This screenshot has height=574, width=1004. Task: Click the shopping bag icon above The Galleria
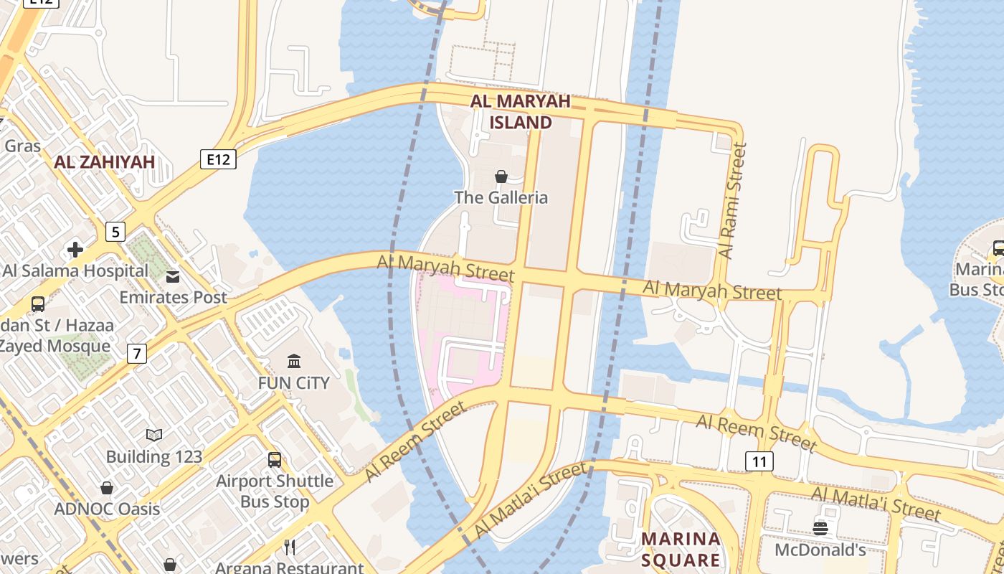501,177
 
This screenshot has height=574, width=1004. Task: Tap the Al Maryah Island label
521,112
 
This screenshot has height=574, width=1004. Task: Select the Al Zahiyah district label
105,161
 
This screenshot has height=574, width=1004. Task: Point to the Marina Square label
681,550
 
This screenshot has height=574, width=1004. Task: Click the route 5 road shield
115,232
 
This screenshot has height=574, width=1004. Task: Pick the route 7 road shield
137,353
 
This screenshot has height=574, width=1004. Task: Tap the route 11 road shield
759,461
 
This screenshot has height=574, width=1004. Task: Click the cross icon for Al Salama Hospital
75,250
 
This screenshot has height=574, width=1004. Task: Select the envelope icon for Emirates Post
173,277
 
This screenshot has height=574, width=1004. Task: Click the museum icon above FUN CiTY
294,360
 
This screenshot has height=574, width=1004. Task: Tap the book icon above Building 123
154,435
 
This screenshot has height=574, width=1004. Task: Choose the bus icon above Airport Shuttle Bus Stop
275,460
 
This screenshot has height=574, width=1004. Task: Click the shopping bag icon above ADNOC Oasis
107,489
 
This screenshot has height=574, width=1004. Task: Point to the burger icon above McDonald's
820,529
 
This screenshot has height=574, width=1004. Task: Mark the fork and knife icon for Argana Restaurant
290,547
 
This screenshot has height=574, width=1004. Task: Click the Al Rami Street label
733,201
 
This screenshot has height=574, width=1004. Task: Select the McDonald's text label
820,550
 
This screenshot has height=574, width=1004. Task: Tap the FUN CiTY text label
294,382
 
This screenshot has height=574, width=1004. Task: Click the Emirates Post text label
173,297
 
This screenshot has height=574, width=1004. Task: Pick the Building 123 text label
154,456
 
